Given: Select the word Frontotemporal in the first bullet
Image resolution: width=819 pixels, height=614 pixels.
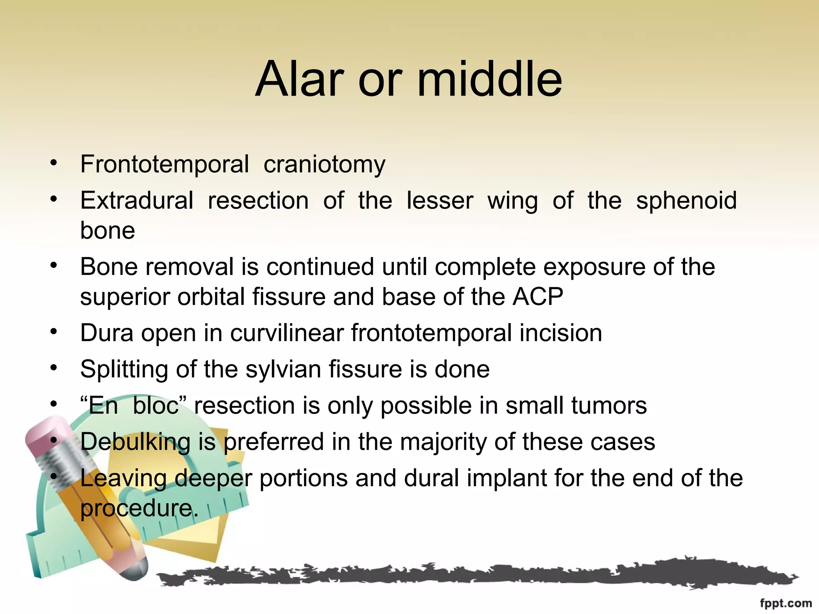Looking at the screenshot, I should (x=164, y=164).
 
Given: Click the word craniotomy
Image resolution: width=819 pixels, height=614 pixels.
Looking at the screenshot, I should (x=324, y=165).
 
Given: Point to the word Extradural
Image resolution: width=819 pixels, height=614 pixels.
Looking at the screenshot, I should (x=137, y=200).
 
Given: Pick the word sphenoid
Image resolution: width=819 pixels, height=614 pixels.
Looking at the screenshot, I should (x=686, y=201).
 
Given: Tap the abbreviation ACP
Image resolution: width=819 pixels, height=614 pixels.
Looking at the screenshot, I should (x=538, y=297).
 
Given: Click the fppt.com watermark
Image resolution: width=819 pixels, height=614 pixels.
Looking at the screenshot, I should (x=785, y=603).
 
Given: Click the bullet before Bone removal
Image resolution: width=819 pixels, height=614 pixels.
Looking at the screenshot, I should (x=54, y=265).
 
